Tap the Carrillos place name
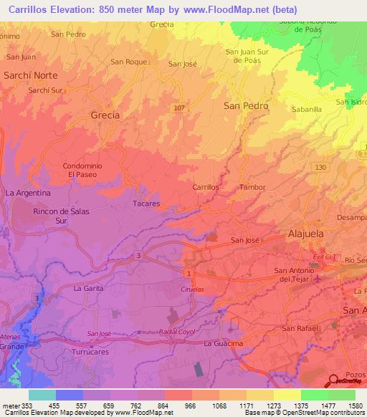206,187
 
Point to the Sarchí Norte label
32,75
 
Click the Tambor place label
252,187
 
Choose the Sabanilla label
307,110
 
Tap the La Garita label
89,288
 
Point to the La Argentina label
28,193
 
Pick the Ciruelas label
192,288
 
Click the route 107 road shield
179,107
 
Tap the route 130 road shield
320,167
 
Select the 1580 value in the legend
345,406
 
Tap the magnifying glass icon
333,381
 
